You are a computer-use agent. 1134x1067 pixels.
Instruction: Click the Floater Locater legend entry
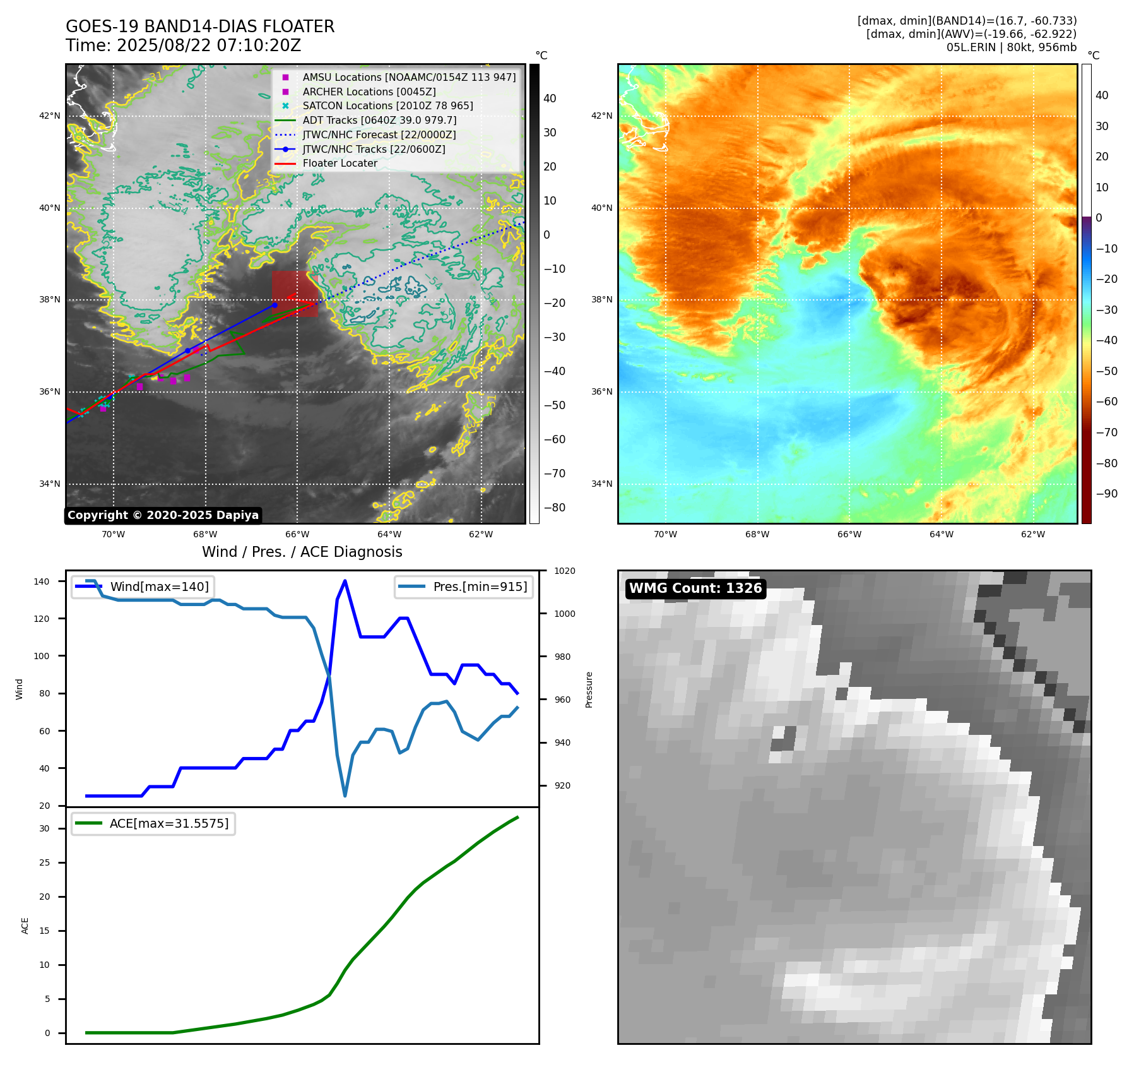[340, 164]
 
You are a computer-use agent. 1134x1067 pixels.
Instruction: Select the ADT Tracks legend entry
[379, 121]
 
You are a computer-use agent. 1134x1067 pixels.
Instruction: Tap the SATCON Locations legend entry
[387, 106]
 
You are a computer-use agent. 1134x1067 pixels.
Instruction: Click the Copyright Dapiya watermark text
[163, 515]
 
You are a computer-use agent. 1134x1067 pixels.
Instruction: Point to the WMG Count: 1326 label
[695, 588]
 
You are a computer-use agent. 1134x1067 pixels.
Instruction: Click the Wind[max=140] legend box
[143, 587]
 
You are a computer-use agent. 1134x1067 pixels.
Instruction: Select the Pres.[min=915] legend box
[464, 587]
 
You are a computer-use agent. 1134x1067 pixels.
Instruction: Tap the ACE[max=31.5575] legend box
[153, 824]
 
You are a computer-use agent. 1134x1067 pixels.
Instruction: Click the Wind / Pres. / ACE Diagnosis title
[302, 552]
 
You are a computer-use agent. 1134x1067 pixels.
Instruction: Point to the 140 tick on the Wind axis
[42, 581]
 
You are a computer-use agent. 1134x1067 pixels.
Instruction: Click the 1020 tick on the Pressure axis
[565, 571]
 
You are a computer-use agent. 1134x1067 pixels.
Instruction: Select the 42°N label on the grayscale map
[50, 116]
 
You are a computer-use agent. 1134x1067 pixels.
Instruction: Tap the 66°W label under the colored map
[849, 534]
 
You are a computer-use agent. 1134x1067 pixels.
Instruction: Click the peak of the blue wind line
[345, 580]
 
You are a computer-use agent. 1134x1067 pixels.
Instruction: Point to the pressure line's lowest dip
[345, 796]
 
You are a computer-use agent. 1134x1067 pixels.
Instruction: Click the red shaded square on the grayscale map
[294, 293]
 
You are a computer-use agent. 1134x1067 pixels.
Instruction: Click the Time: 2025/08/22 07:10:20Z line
[183, 46]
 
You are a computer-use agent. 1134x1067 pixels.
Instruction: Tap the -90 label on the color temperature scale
[1106, 494]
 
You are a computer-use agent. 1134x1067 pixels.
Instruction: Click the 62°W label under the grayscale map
[481, 534]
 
